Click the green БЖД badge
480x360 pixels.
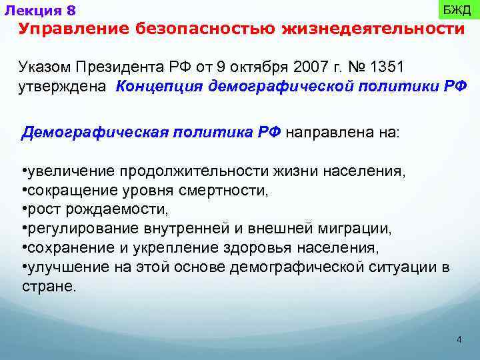[457, 11]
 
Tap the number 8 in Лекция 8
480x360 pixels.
[71, 11]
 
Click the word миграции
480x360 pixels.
[359, 229]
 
